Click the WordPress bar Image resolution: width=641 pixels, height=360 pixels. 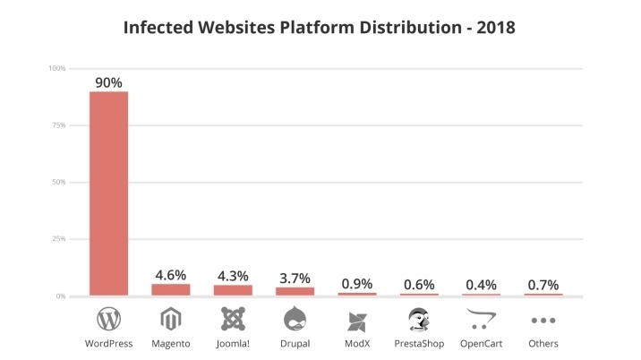coord(108,193)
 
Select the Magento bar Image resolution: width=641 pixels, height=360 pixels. coord(170,289)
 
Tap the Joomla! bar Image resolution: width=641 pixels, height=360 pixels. coord(233,290)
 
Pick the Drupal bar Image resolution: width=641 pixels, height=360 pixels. coord(295,291)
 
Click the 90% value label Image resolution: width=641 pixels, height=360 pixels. coord(108,82)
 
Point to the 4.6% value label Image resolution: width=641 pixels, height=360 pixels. coord(170,274)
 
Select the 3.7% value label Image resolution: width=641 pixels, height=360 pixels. coord(295,277)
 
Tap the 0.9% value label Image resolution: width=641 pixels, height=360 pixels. coord(357,283)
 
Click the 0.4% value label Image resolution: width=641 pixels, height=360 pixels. coord(482,285)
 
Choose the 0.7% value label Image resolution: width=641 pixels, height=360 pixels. coord(543,284)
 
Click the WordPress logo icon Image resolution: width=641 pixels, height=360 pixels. coord(108,319)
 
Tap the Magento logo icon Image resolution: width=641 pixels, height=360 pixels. coord(170,319)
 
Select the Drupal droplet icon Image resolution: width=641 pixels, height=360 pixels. coord(295,319)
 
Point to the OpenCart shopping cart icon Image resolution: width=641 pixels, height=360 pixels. coord(482,319)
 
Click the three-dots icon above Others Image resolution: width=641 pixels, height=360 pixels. coord(543,320)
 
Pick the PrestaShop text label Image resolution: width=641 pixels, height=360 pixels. coord(419,344)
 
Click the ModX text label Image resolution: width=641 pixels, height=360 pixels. coord(357,344)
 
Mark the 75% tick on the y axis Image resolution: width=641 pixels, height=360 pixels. coord(57,125)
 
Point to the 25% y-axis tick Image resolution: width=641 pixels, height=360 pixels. coord(57,239)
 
